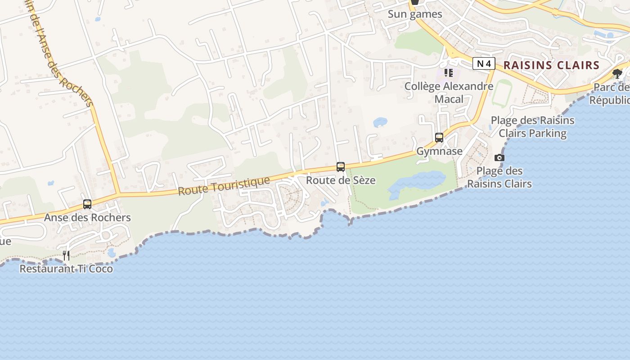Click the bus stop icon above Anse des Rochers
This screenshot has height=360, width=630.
coord(87,204)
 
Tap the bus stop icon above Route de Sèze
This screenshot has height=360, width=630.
coord(341,166)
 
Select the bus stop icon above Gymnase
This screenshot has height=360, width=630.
coord(439,138)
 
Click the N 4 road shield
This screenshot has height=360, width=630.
coord(484,64)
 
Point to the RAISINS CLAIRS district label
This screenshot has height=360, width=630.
coord(551,65)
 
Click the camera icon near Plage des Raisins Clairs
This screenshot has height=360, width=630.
coord(499,157)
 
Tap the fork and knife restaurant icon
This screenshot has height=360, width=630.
coord(66,256)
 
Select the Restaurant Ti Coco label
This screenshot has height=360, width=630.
coord(66,269)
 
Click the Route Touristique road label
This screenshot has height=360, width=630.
coord(224,186)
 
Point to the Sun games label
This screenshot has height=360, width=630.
coord(415,14)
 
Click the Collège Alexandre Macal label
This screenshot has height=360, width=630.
coord(449,92)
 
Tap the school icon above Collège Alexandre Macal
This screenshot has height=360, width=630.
coord(448,72)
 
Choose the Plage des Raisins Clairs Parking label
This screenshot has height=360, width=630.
coord(532,126)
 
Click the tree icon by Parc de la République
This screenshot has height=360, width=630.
coord(617,73)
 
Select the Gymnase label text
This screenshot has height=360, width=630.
coord(439,151)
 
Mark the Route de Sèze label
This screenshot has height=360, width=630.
coord(341,180)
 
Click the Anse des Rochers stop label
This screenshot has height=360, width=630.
coord(87,217)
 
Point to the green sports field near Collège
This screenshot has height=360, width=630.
coord(501,94)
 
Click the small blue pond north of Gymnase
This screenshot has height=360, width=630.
coord(380,122)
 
